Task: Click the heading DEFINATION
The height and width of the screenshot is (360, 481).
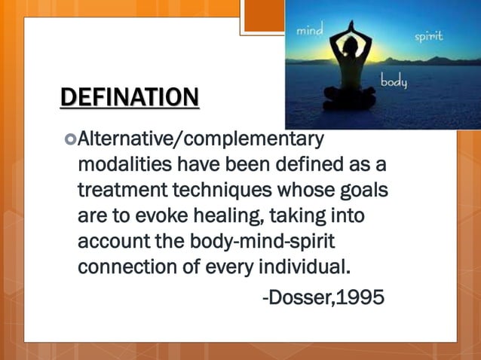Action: (x=130, y=97)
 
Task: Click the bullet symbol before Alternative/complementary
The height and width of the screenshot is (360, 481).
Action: (x=71, y=139)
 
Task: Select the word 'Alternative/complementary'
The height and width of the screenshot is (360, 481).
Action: (x=201, y=139)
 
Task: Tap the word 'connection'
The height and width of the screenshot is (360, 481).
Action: (x=122, y=267)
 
